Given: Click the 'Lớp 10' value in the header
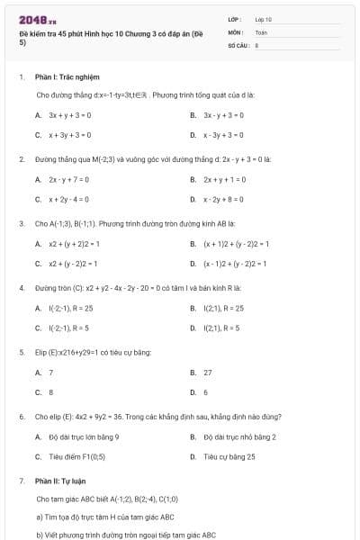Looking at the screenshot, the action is tap(263, 19).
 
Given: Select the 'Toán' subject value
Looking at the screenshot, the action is tap(261, 31).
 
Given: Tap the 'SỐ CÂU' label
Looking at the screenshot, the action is tap(237, 43).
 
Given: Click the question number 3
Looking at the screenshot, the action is tap(21, 222).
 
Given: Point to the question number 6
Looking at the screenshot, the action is tap(21, 417).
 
